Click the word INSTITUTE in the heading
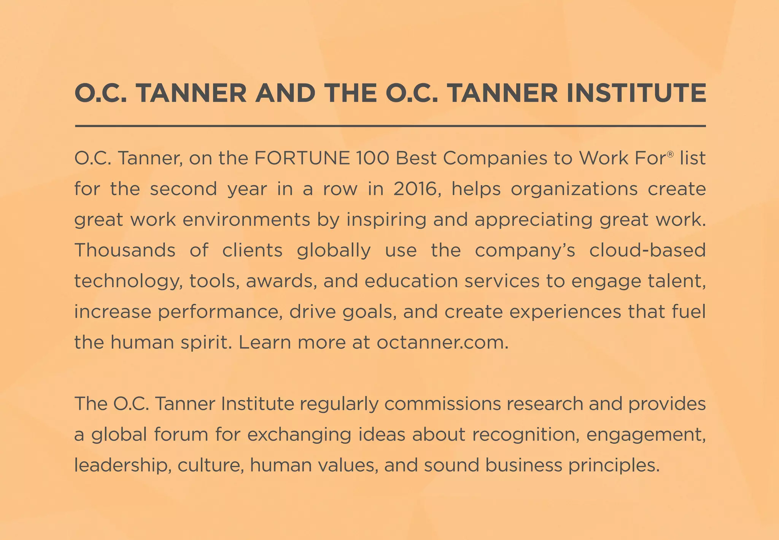[636, 93]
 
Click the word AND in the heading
[285, 93]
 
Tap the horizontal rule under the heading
[390, 126]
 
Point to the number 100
[373, 158]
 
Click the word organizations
[574, 189]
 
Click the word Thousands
[125, 250]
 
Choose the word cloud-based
[647, 250]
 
